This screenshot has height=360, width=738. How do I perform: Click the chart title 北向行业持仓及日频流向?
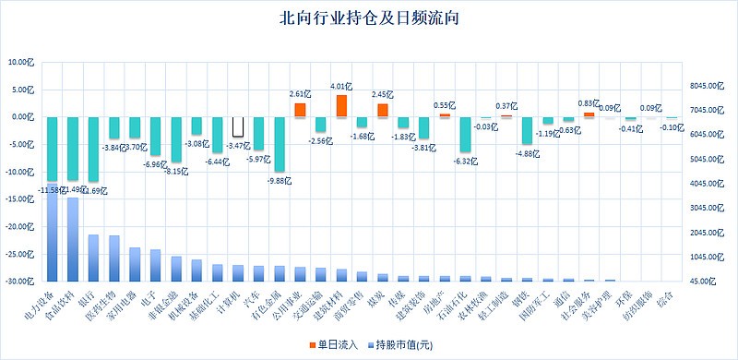point(369,18)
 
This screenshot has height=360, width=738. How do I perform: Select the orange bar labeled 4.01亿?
point(341,106)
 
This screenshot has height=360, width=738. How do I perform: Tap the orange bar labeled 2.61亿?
point(300,110)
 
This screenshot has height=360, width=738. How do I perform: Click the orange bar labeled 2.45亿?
point(383,111)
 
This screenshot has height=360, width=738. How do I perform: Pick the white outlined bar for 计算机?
point(237,126)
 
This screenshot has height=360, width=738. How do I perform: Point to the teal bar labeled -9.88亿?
point(279,144)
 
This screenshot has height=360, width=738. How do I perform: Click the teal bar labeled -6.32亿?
point(466,134)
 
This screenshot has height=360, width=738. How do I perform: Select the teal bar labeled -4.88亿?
point(527,130)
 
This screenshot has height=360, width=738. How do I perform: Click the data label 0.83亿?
point(587,104)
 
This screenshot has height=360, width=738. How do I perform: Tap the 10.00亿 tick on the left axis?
point(19,63)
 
